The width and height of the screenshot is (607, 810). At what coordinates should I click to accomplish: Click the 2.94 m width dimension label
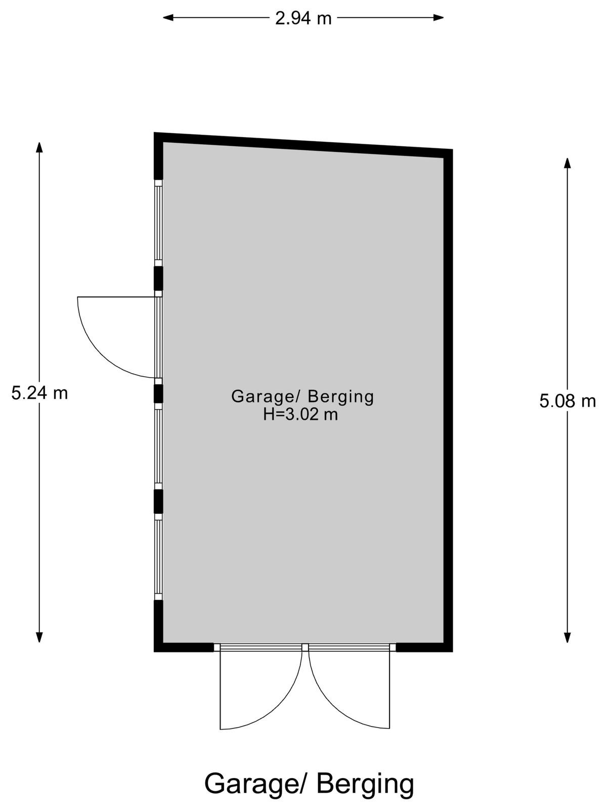tap(303, 18)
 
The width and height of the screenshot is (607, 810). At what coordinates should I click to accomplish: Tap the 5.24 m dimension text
tap(39, 393)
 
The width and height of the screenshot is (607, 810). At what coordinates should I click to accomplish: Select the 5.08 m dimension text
tap(567, 401)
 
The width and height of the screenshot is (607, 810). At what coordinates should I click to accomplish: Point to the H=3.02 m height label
tap(300, 415)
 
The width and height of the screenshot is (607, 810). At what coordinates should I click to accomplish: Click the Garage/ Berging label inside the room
tap(302, 397)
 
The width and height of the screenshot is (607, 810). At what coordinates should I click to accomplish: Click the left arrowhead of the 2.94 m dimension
tap(168, 17)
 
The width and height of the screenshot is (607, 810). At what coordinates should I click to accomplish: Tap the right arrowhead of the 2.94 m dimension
tap(438, 17)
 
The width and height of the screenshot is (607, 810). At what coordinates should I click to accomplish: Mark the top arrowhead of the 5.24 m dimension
tap(39, 147)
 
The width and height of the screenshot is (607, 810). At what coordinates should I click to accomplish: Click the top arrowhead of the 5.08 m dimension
tap(567, 163)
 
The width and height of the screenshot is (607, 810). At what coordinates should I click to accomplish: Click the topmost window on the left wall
tap(158, 223)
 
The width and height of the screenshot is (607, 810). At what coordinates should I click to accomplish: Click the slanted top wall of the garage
tap(303, 145)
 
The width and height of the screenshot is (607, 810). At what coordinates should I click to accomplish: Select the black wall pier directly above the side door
tap(158, 278)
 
